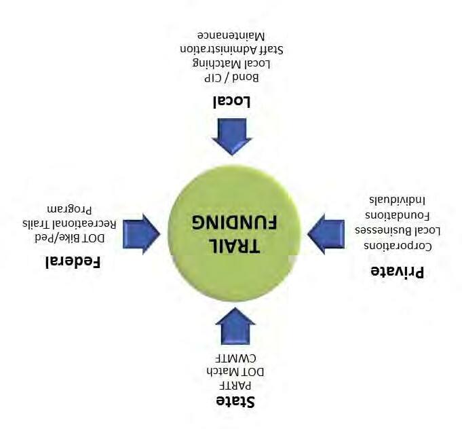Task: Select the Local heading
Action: pyautogui.click(x=232, y=102)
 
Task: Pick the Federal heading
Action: pyautogui.click(x=73, y=262)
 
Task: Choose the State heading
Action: pyautogui.click(x=235, y=401)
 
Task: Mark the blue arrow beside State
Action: pyautogui.click(x=235, y=327)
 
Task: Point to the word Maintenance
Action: pyautogui.click(x=231, y=35)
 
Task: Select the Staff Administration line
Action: pyautogui.click(x=231, y=49)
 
